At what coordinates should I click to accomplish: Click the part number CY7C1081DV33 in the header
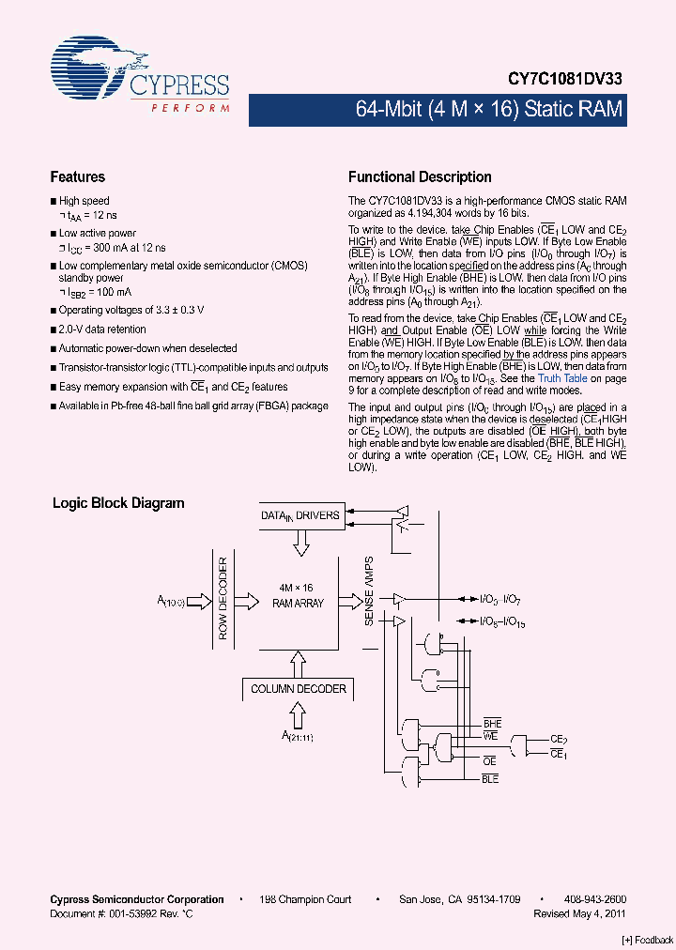(x=564, y=81)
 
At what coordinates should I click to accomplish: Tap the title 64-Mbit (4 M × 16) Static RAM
(x=488, y=109)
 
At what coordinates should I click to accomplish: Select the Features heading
(x=77, y=176)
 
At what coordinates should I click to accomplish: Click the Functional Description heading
(x=420, y=176)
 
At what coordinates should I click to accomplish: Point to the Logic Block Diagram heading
(x=117, y=503)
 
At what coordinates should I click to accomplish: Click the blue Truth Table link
(x=562, y=378)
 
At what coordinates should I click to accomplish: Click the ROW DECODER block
(x=223, y=599)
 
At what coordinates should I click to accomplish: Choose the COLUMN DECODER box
(x=299, y=689)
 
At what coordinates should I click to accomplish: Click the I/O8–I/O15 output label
(x=501, y=621)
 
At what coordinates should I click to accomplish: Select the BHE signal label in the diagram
(x=492, y=724)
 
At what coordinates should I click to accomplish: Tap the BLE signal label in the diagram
(x=490, y=779)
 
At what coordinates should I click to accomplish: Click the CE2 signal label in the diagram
(x=559, y=739)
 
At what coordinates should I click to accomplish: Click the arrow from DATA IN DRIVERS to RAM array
(x=300, y=544)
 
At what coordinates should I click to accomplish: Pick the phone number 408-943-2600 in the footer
(x=596, y=899)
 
